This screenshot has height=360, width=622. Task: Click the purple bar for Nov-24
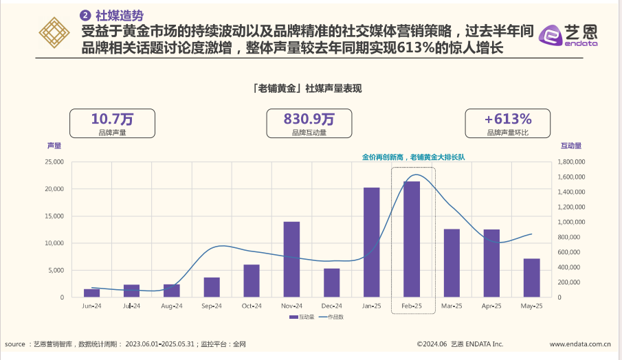(291, 260)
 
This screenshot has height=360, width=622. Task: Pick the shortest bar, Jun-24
(91, 293)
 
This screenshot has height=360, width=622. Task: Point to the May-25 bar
(532, 278)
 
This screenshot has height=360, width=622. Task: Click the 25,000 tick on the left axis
(54, 162)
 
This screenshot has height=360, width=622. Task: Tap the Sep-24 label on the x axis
(212, 306)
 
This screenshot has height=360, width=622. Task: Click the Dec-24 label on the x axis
(332, 306)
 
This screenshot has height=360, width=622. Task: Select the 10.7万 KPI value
(113, 119)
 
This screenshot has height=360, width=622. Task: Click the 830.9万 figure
(309, 119)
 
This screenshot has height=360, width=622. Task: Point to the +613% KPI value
(508, 119)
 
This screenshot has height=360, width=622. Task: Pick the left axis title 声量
(54, 146)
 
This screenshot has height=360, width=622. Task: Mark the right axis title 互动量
(571, 146)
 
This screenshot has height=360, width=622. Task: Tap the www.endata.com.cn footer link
(580, 344)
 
